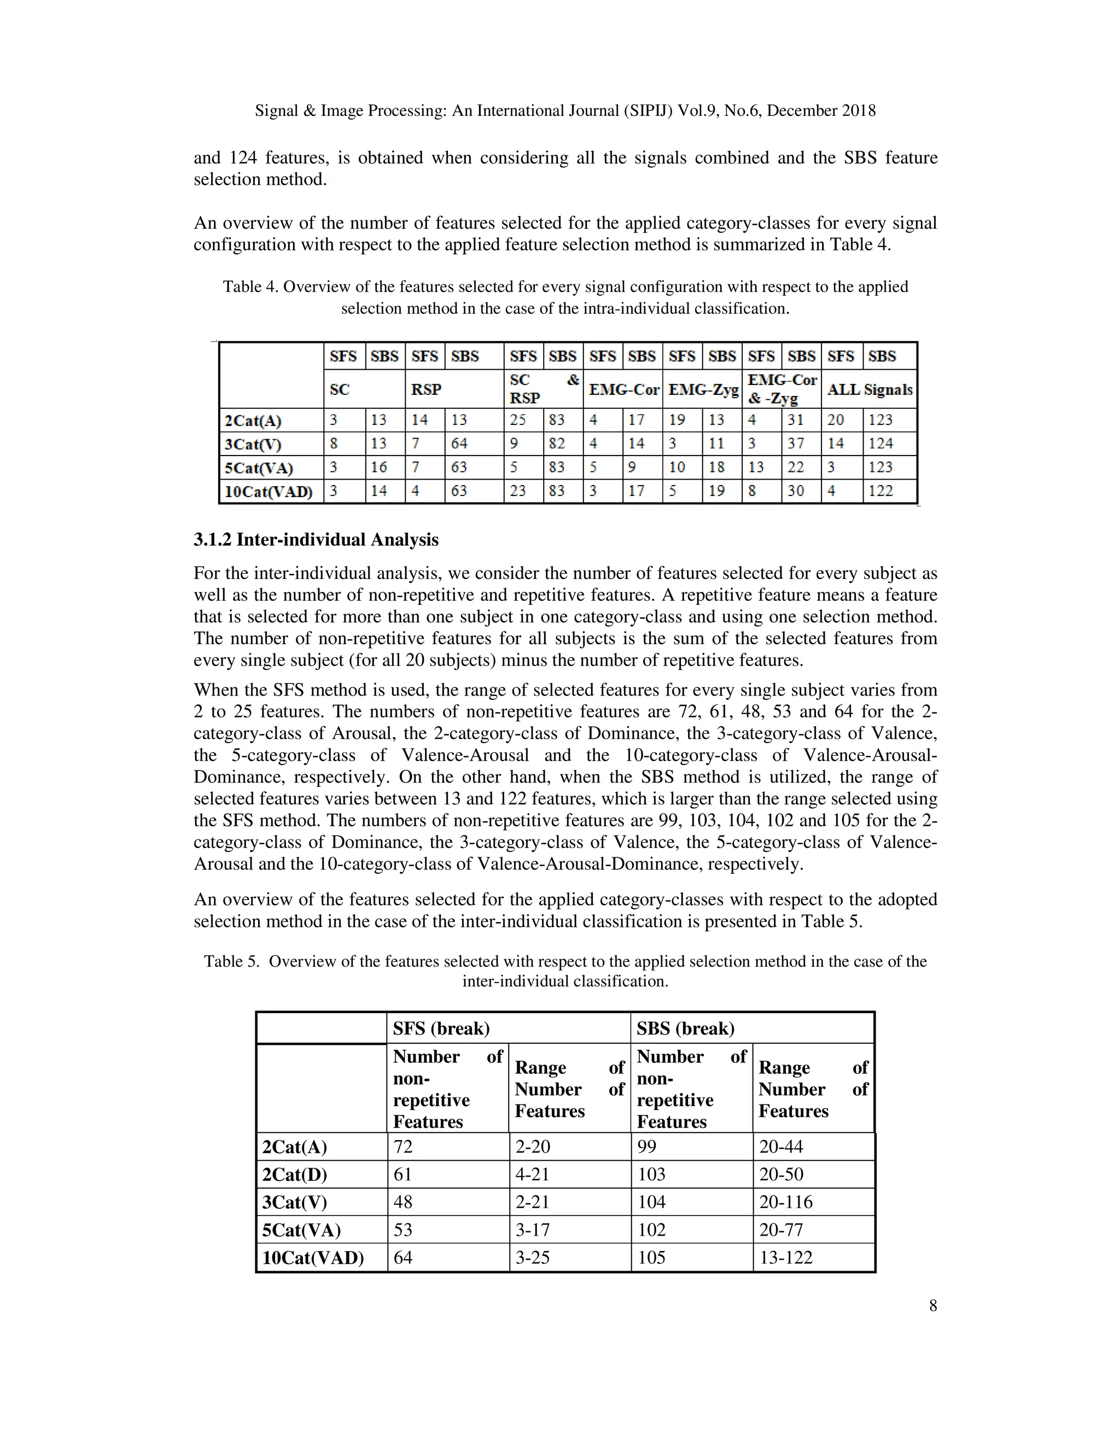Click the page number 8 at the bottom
pos(933,1306)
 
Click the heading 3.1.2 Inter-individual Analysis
pos(316,539)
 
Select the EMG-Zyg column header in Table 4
pos(703,389)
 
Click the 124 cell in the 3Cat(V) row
pos(880,443)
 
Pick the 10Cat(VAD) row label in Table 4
pos(269,492)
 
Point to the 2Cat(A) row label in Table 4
pos(253,420)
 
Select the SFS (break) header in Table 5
pos(441,1029)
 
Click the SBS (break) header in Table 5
pos(685,1029)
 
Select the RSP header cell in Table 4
pos(426,389)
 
